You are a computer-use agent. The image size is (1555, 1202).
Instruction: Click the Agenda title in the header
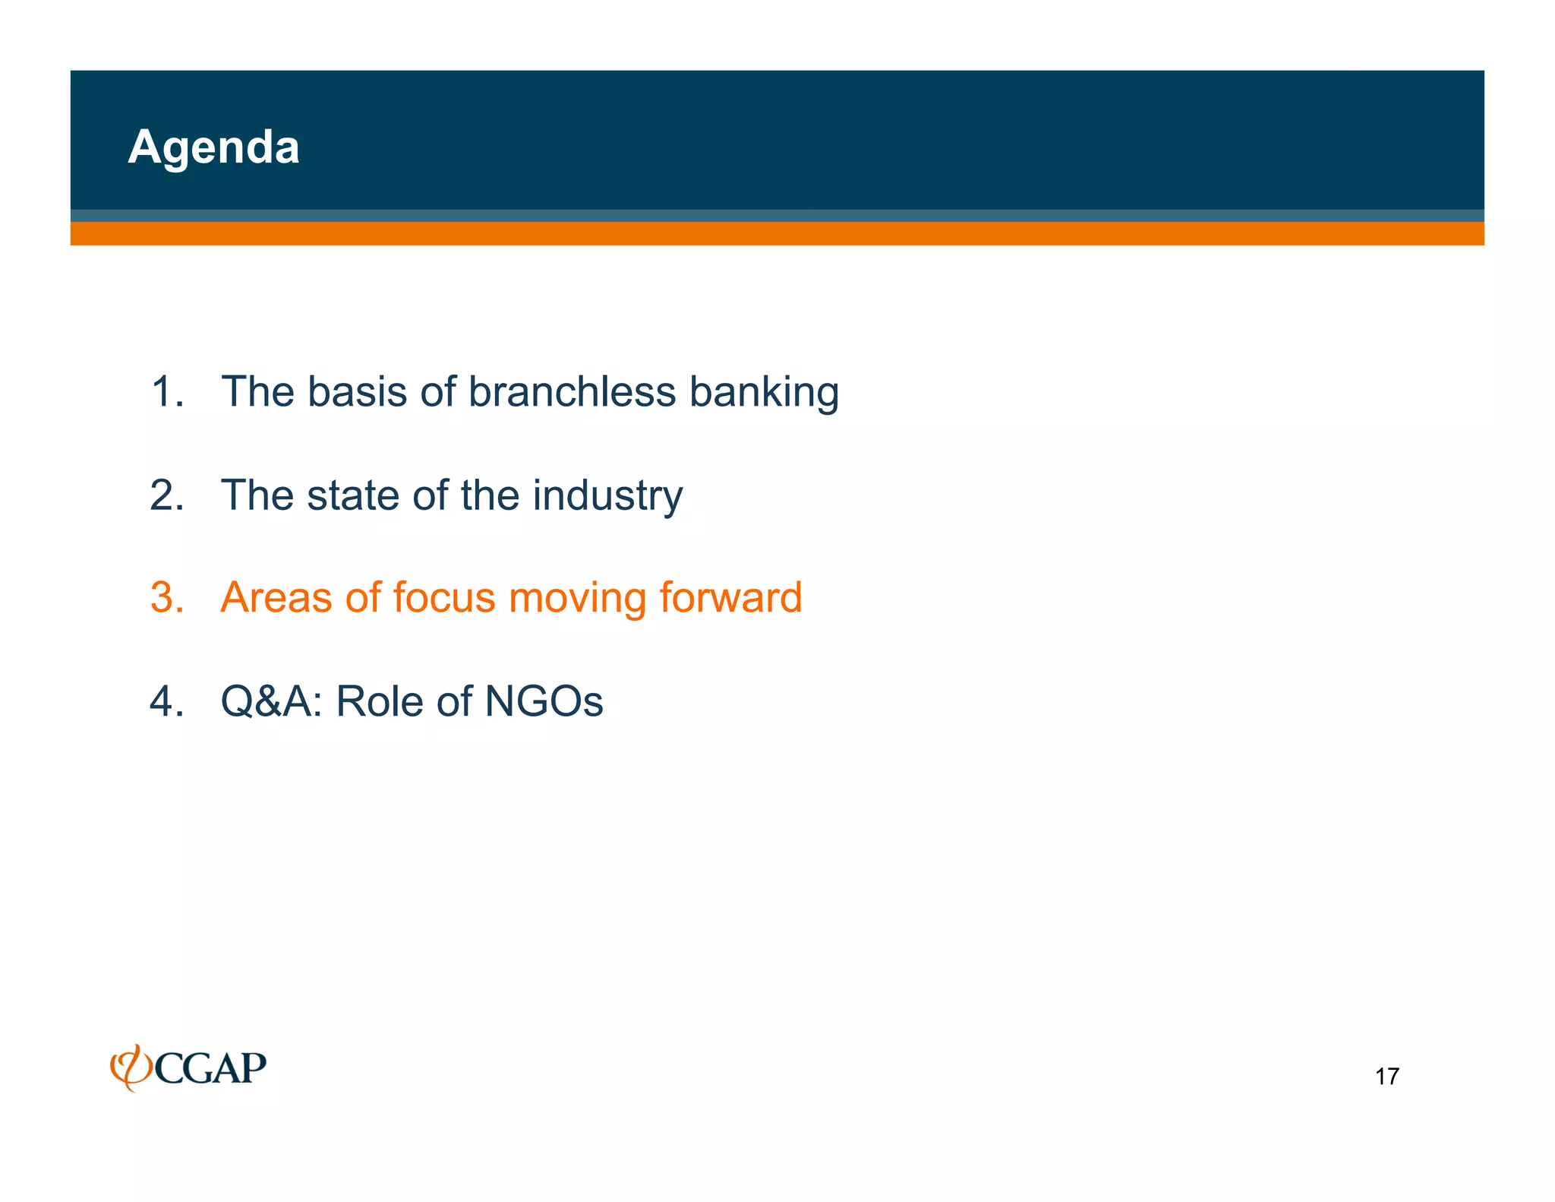pyautogui.click(x=213, y=147)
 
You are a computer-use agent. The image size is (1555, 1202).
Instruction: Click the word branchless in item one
pyautogui.click(x=572, y=392)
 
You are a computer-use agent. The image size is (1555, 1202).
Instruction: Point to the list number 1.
pyautogui.click(x=167, y=392)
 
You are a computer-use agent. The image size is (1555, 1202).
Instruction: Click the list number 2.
pyautogui.click(x=167, y=495)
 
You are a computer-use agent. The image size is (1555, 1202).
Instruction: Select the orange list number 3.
pyautogui.click(x=167, y=598)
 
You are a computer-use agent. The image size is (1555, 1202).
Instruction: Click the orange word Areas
pyautogui.click(x=276, y=598)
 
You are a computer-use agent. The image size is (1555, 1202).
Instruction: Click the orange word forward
pyautogui.click(x=730, y=598)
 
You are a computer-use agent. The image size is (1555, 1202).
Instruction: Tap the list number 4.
pyautogui.click(x=167, y=701)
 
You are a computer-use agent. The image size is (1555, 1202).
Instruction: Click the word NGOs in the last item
pyautogui.click(x=544, y=701)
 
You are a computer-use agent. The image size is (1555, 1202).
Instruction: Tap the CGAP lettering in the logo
pyautogui.click(x=210, y=1069)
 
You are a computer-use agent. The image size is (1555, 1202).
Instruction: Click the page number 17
pyautogui.click(x=1386, y=1077)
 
